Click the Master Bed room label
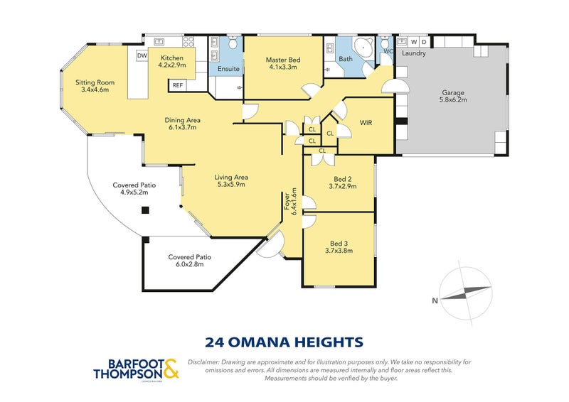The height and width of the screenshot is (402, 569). (281, 60)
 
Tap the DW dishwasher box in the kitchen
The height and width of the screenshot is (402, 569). (142, 55)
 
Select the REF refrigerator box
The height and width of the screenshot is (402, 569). (177, 85)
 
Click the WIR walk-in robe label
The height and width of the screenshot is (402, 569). (366, 122)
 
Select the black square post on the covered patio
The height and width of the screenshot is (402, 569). (144, 210)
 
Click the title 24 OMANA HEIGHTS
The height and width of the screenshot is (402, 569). (284, 342)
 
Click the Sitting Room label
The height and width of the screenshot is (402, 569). (95, 82)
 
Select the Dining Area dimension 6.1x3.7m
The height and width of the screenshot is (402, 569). (180, 128)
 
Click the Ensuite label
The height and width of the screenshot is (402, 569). (228, 69)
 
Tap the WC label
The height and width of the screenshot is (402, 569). (388, 51)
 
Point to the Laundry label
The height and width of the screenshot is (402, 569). (413, 53)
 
